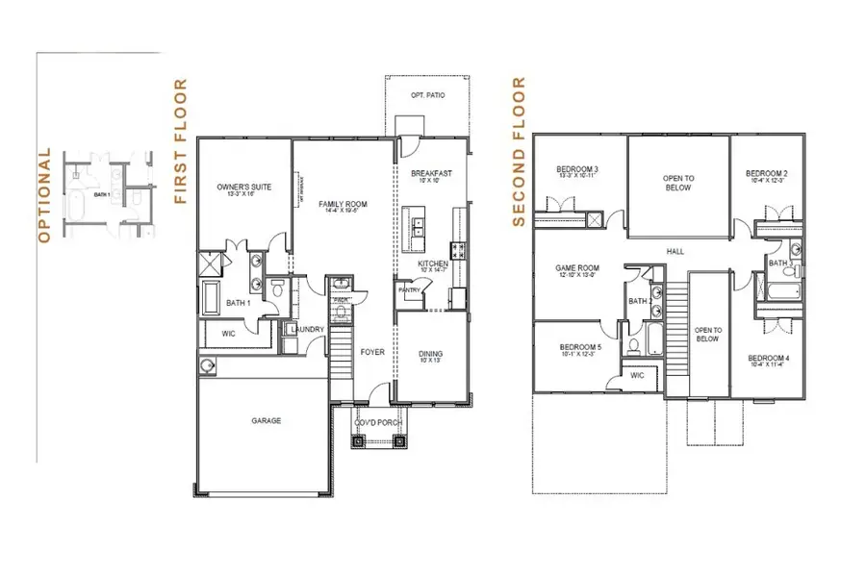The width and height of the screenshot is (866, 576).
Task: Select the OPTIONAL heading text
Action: [x=42, y=195]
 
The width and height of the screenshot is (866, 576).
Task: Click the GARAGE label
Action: [x=267, y=420]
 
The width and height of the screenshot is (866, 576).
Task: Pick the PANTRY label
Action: [x=409, y=288]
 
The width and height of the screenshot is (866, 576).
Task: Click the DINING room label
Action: [x=431, y=355]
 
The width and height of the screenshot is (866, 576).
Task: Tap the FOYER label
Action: [x=372, y=352]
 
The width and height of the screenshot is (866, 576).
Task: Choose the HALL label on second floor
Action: [x=675, y=252]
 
